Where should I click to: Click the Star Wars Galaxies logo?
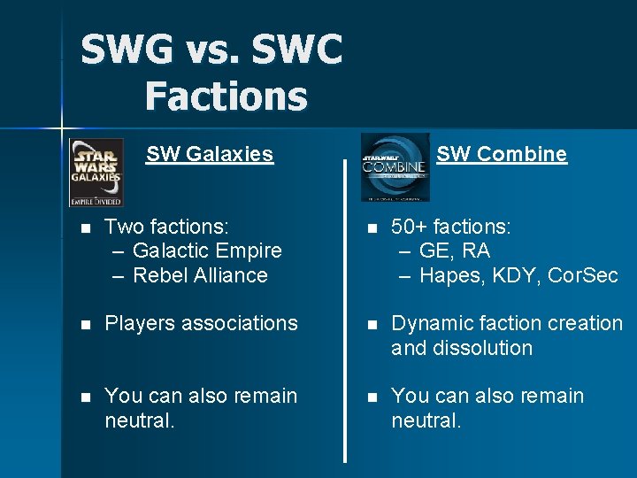(x=96, y=172)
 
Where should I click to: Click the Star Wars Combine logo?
(x=395, y=167)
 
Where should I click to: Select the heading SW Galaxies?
(x=210, y=154)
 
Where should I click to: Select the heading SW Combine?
(x=502, y=154)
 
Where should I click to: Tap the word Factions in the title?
(x=226, y=95)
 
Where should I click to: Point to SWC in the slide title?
(x=296, y=50)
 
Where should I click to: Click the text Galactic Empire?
(x=207, y=251)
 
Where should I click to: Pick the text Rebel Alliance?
(x=200, y=275)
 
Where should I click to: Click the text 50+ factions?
(x=451, y=227)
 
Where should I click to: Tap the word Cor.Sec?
(x=583, y=275)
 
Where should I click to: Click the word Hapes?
(x=449, y=275)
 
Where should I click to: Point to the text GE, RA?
(x=455, y=251)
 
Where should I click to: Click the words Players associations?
(x=201, y=323)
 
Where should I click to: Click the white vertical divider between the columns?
(x=344, y=310)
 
